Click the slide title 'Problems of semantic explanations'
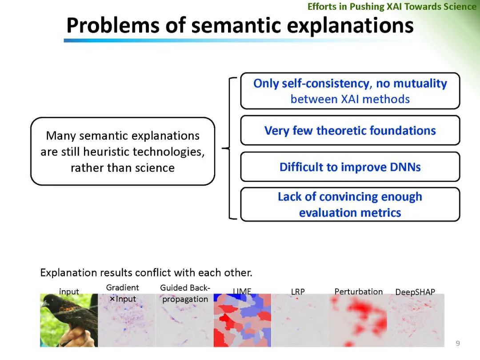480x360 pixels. [x=240, y=25]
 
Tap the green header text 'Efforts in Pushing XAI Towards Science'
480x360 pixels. [x=392, y=6]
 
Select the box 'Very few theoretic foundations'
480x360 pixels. [x=350, y=130]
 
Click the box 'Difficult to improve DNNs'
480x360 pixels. [x=350, y=167]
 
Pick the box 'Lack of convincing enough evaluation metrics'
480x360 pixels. [x=350, y=204]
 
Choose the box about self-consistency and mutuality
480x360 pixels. [x=350, y=91]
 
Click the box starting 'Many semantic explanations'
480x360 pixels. [x=123, y=151]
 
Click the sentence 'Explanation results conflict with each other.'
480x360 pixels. [x=146, y=272]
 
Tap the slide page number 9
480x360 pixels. [x=458, y=343]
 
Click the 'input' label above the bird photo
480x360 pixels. [x=69, y=292]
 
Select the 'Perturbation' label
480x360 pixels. [x=359, y=292]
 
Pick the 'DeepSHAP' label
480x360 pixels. [x=415, y=292]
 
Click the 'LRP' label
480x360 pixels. [x=298, y=292]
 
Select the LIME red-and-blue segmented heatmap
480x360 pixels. [x=243, y=320]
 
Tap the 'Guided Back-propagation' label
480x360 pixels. [x=185, y=293]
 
